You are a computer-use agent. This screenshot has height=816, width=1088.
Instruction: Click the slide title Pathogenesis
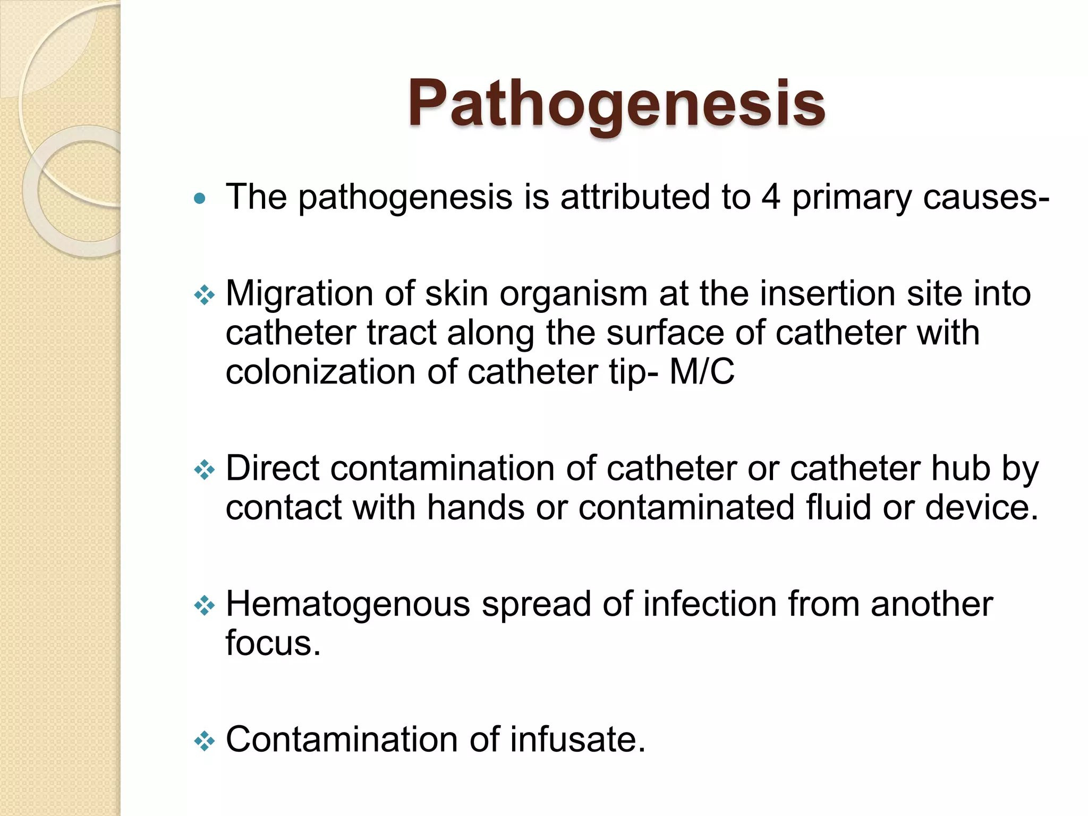[x=616, y=104]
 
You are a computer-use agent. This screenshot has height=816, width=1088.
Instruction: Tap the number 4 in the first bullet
[x=771, y=197]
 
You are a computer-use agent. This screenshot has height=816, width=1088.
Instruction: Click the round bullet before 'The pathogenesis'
[x=200, y=199]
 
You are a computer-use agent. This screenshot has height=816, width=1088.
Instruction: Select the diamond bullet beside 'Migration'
[x=205, y=294]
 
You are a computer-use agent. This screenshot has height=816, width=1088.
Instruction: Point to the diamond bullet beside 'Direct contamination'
[x=205, y=470]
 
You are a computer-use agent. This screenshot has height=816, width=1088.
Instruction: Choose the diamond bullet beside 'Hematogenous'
[x=205, y=605]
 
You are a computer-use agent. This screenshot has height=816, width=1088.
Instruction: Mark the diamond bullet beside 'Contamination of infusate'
[x=205, y=741]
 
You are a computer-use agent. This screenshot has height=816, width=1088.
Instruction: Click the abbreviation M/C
[x=702, y=371]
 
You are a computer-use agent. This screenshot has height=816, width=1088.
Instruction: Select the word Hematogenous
[x=348, y=605]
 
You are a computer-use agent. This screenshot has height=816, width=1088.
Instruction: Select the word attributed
[x=635, y=197]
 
